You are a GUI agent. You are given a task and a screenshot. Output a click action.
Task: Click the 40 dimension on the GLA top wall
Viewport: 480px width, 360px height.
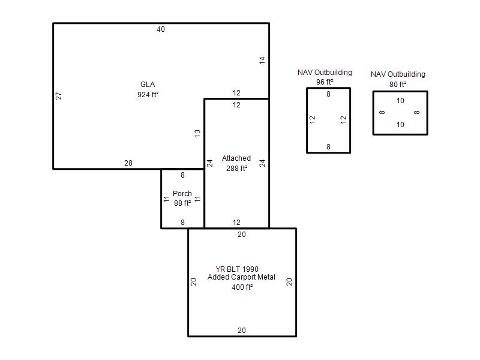[x=161, y=29]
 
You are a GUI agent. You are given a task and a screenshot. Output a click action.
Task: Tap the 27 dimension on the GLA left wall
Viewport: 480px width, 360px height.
[x=58, y=96]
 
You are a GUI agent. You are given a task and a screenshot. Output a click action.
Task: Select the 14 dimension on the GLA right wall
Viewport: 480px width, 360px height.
[x=262, y=61]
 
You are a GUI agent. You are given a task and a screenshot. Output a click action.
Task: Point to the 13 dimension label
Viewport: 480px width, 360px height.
[x=197, y=133]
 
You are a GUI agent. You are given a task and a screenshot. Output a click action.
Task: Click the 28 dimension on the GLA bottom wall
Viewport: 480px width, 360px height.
[x=128, y=163]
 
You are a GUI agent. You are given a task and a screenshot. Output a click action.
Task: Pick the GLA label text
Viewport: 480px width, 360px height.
[x=148, y=85]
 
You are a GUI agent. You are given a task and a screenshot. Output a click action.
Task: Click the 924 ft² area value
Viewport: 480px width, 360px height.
[x=148, y=94]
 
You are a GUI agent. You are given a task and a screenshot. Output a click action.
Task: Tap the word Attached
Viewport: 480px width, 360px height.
[x=236, y=158]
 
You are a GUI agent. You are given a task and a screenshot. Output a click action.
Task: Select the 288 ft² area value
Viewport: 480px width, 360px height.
[x=236, y=168]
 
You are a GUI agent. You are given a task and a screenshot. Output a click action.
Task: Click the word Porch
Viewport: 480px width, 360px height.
[x=182, y=193]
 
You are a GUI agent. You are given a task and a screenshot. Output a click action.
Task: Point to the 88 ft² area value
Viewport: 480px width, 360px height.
[x=182, y=203]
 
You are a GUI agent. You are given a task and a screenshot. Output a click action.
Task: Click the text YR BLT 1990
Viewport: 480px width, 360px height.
[x=237, y=269]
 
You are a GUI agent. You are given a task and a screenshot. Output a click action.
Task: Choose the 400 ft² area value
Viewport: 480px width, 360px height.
[x=242, y=287]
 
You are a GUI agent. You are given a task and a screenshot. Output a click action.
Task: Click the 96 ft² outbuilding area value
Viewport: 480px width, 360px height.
[x=325, y=82]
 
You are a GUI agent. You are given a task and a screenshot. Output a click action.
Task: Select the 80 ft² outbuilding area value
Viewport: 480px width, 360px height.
[x=398, y=84]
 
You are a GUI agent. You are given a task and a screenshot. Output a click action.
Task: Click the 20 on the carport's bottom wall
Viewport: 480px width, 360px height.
[x=242, y=331]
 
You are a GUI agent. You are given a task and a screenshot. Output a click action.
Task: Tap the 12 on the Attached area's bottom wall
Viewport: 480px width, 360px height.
[x=236, y=222]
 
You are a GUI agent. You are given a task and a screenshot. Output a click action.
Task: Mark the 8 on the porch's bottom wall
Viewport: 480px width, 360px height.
[x=182, y=222]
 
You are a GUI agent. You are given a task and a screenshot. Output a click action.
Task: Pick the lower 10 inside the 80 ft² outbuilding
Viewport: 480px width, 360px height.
[x=400, y=125]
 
